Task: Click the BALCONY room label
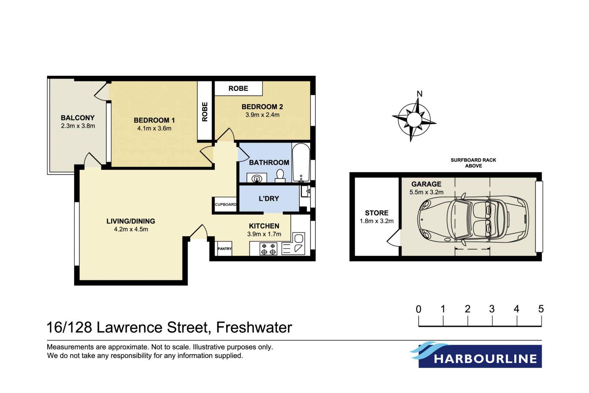[x=78, y=118]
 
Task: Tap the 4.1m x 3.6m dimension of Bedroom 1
[x=154, y=128]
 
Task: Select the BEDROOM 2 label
[x=262, y=107]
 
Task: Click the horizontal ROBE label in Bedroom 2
[x=238, y=88]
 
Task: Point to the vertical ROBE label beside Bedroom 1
[x=205, y=112]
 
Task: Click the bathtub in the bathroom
[x=301, y=163]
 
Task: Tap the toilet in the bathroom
[x=280, y=176]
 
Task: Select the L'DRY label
[x=269, y=199]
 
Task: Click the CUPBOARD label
[x=225, y=204]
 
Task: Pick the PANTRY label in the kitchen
[x=225, y=249]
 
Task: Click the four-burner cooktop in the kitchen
[x=268, y=249]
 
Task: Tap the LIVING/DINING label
[x=131, y=221]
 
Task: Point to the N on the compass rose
[x=419, y=94]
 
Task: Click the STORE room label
[x=376, y=213]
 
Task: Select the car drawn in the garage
[x=473, y=219]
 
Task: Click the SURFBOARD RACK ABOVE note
[x=473, y=163]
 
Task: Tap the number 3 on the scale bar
[x=492, y=309]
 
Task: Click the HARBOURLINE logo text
[x=485, y=359]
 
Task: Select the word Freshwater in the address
[x=254, y=327]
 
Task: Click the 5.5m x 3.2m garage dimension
[x=426, y=192]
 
